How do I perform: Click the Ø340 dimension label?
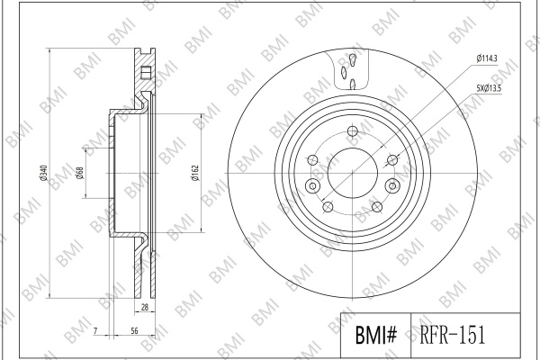click(43, 174)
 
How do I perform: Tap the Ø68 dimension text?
click(79, 174)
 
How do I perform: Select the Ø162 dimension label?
click(195, 174)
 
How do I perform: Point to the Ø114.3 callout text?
click(487, 58)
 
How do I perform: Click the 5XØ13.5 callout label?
click(489, 88)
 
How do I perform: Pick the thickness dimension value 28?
click(145, 307)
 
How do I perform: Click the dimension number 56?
click(134, 330)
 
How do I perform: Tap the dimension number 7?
click(95, 330)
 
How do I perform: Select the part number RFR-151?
click(452, 335)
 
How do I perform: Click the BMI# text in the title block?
click(376, 335)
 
